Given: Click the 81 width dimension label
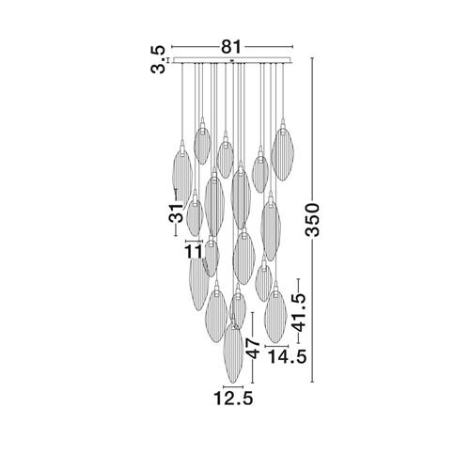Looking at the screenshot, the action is (x=232, y=47).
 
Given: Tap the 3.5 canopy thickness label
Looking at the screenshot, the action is (x=158, y=59).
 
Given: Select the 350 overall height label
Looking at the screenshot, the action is (x=312, y=219).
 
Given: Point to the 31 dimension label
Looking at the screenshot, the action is (x=176, y=212).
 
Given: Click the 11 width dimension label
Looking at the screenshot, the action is (x=194, y=252).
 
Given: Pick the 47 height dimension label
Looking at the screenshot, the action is (x=253, y=348).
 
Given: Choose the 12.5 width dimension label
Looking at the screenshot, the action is (x=233, y=399).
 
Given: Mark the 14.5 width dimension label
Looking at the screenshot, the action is (x=287, y=356).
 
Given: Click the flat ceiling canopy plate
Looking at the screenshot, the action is (x=232, y=60).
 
